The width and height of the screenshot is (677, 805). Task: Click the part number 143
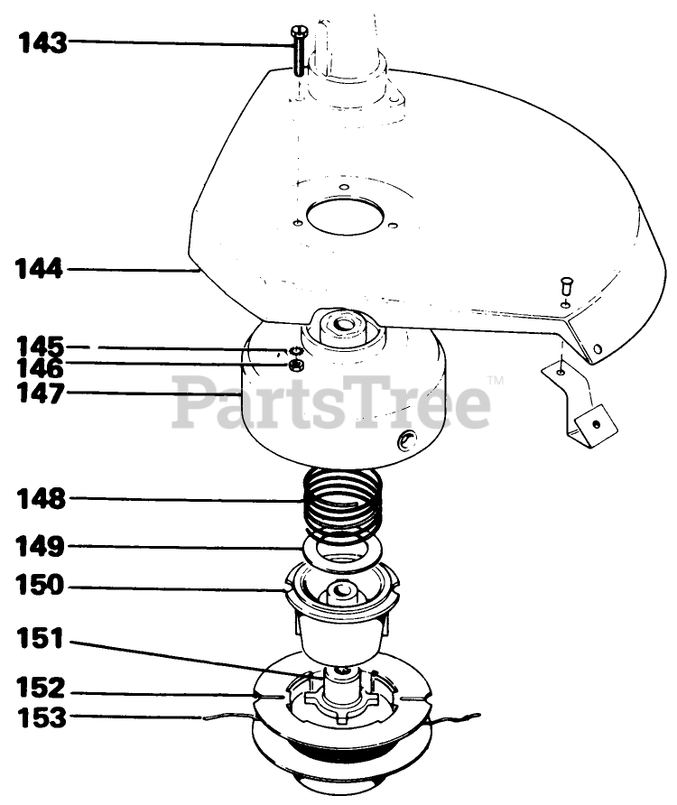click(x=43, y=42)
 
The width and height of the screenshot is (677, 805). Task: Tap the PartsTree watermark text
click(x=332, y=404)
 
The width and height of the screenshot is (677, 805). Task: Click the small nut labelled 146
click(x=295, y=365)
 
